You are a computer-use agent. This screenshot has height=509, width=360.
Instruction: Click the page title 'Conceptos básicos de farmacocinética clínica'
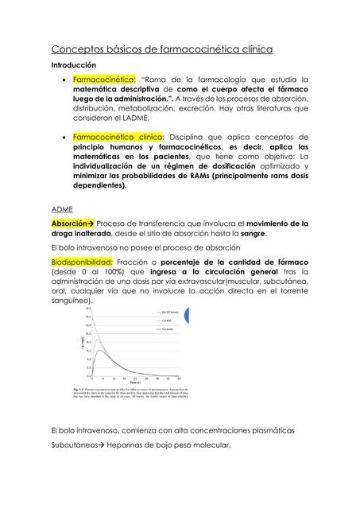pyautogui.click(x=162, y=49)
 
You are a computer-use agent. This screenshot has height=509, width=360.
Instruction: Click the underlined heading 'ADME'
pyautogui.click(x=63, y=208)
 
